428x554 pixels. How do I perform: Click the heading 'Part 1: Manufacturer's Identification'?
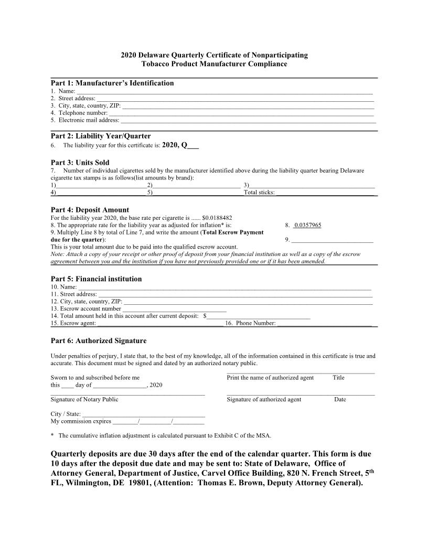point(112,83)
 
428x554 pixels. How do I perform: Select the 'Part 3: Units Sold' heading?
point(80,163)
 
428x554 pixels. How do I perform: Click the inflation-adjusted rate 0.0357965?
point(308,225)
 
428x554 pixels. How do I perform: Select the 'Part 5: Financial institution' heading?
point(96,279)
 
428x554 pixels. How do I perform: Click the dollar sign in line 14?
point(205,316)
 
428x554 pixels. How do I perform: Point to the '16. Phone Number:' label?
point(250,323)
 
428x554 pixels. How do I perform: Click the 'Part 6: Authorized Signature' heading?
point(98,341)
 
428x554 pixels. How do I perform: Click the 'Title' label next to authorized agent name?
point(338,378)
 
